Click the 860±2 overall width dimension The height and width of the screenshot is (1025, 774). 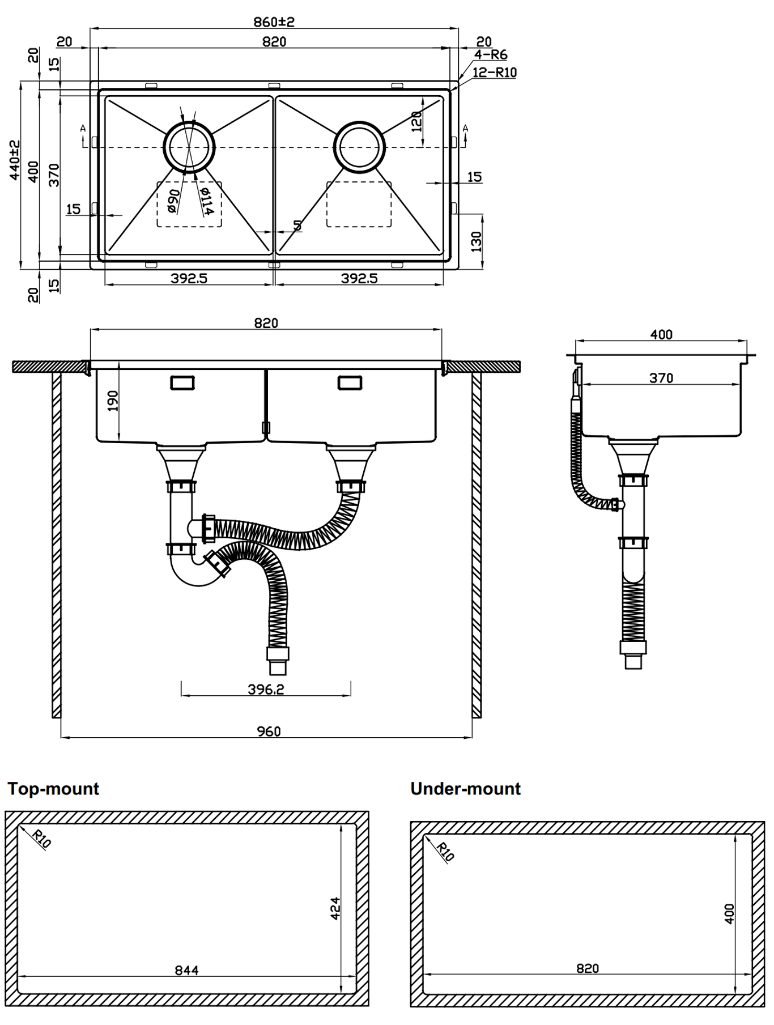coord(274,22)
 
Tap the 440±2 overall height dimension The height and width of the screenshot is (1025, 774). coord(15,160)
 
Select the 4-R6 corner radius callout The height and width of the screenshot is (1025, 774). coord(491,55)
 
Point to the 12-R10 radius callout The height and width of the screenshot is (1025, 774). coord(495,73)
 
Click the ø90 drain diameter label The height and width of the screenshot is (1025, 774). coord(173,201)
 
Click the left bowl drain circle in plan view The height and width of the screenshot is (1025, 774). coord(189,147)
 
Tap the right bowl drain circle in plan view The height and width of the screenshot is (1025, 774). coord(359,147)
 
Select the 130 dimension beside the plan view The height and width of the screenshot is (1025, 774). coord(475,241)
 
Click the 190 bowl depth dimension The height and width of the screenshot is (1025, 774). coord(112,401)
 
